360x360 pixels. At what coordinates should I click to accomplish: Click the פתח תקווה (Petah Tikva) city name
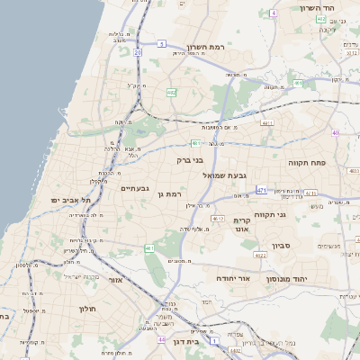[306, 164]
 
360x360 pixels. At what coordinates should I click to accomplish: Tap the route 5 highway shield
[161, 43]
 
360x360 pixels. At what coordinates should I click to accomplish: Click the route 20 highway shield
[138, 53]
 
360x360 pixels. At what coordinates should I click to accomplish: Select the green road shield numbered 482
[171, 92]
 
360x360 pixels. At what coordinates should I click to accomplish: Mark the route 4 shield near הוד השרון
[273, 13]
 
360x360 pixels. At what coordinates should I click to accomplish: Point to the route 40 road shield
[335, 133]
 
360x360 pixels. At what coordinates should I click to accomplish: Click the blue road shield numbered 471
[261, 190]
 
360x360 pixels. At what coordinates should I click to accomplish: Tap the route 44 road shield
[161, 339]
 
